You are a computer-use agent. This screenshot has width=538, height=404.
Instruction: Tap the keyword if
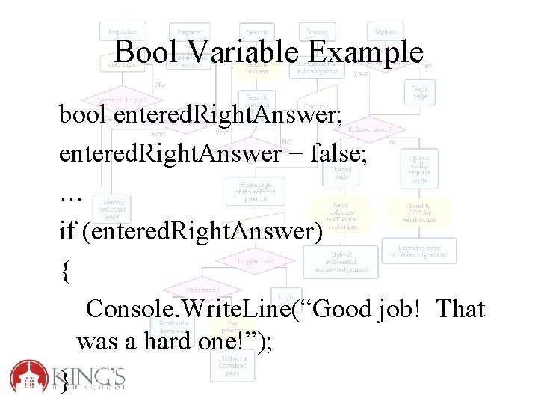click(x=67, y=232)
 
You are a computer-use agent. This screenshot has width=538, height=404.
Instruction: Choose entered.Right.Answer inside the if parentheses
click(x=202, y=232)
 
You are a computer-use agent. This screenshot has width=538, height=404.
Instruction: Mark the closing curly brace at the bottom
click(x=65, y=382)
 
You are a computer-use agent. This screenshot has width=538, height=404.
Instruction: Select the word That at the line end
click(x=460, y=308)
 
